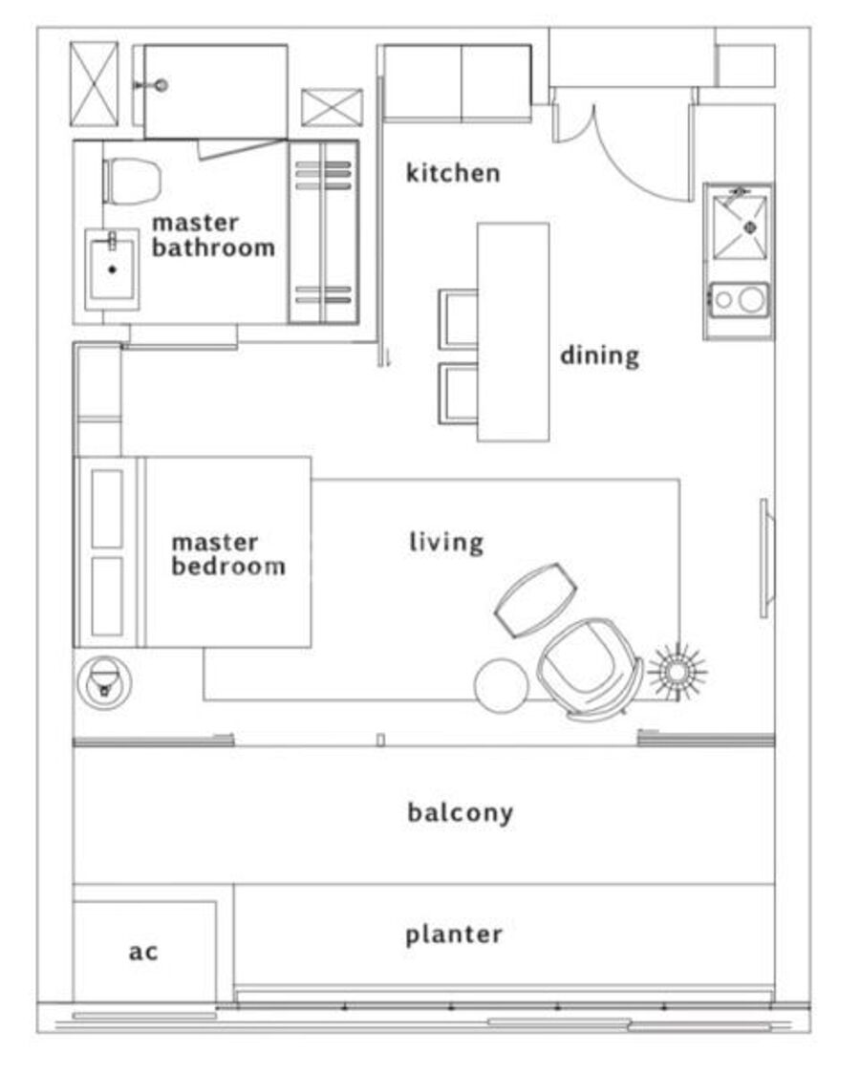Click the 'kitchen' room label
click(x=453, y=173)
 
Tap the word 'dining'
click(x=599, y=355)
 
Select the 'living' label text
click(x=446, y=542)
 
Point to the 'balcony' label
click(x=461, y=812)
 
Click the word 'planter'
click(x=453, y=935)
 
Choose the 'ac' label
click(x=143, y=952)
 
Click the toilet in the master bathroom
click(x=132, y=181)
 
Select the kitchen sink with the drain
click(x=741, y=226)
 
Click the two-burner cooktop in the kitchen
click(x=740, y=300)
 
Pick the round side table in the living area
click(x=502, y=685)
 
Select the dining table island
click(x=513, y=332)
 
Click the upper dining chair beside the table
click(x=458, y=319)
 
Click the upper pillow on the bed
click(x=107, y=508)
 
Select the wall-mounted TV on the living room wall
click(x=765, y=558)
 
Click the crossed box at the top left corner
click(x=94, y=84)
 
